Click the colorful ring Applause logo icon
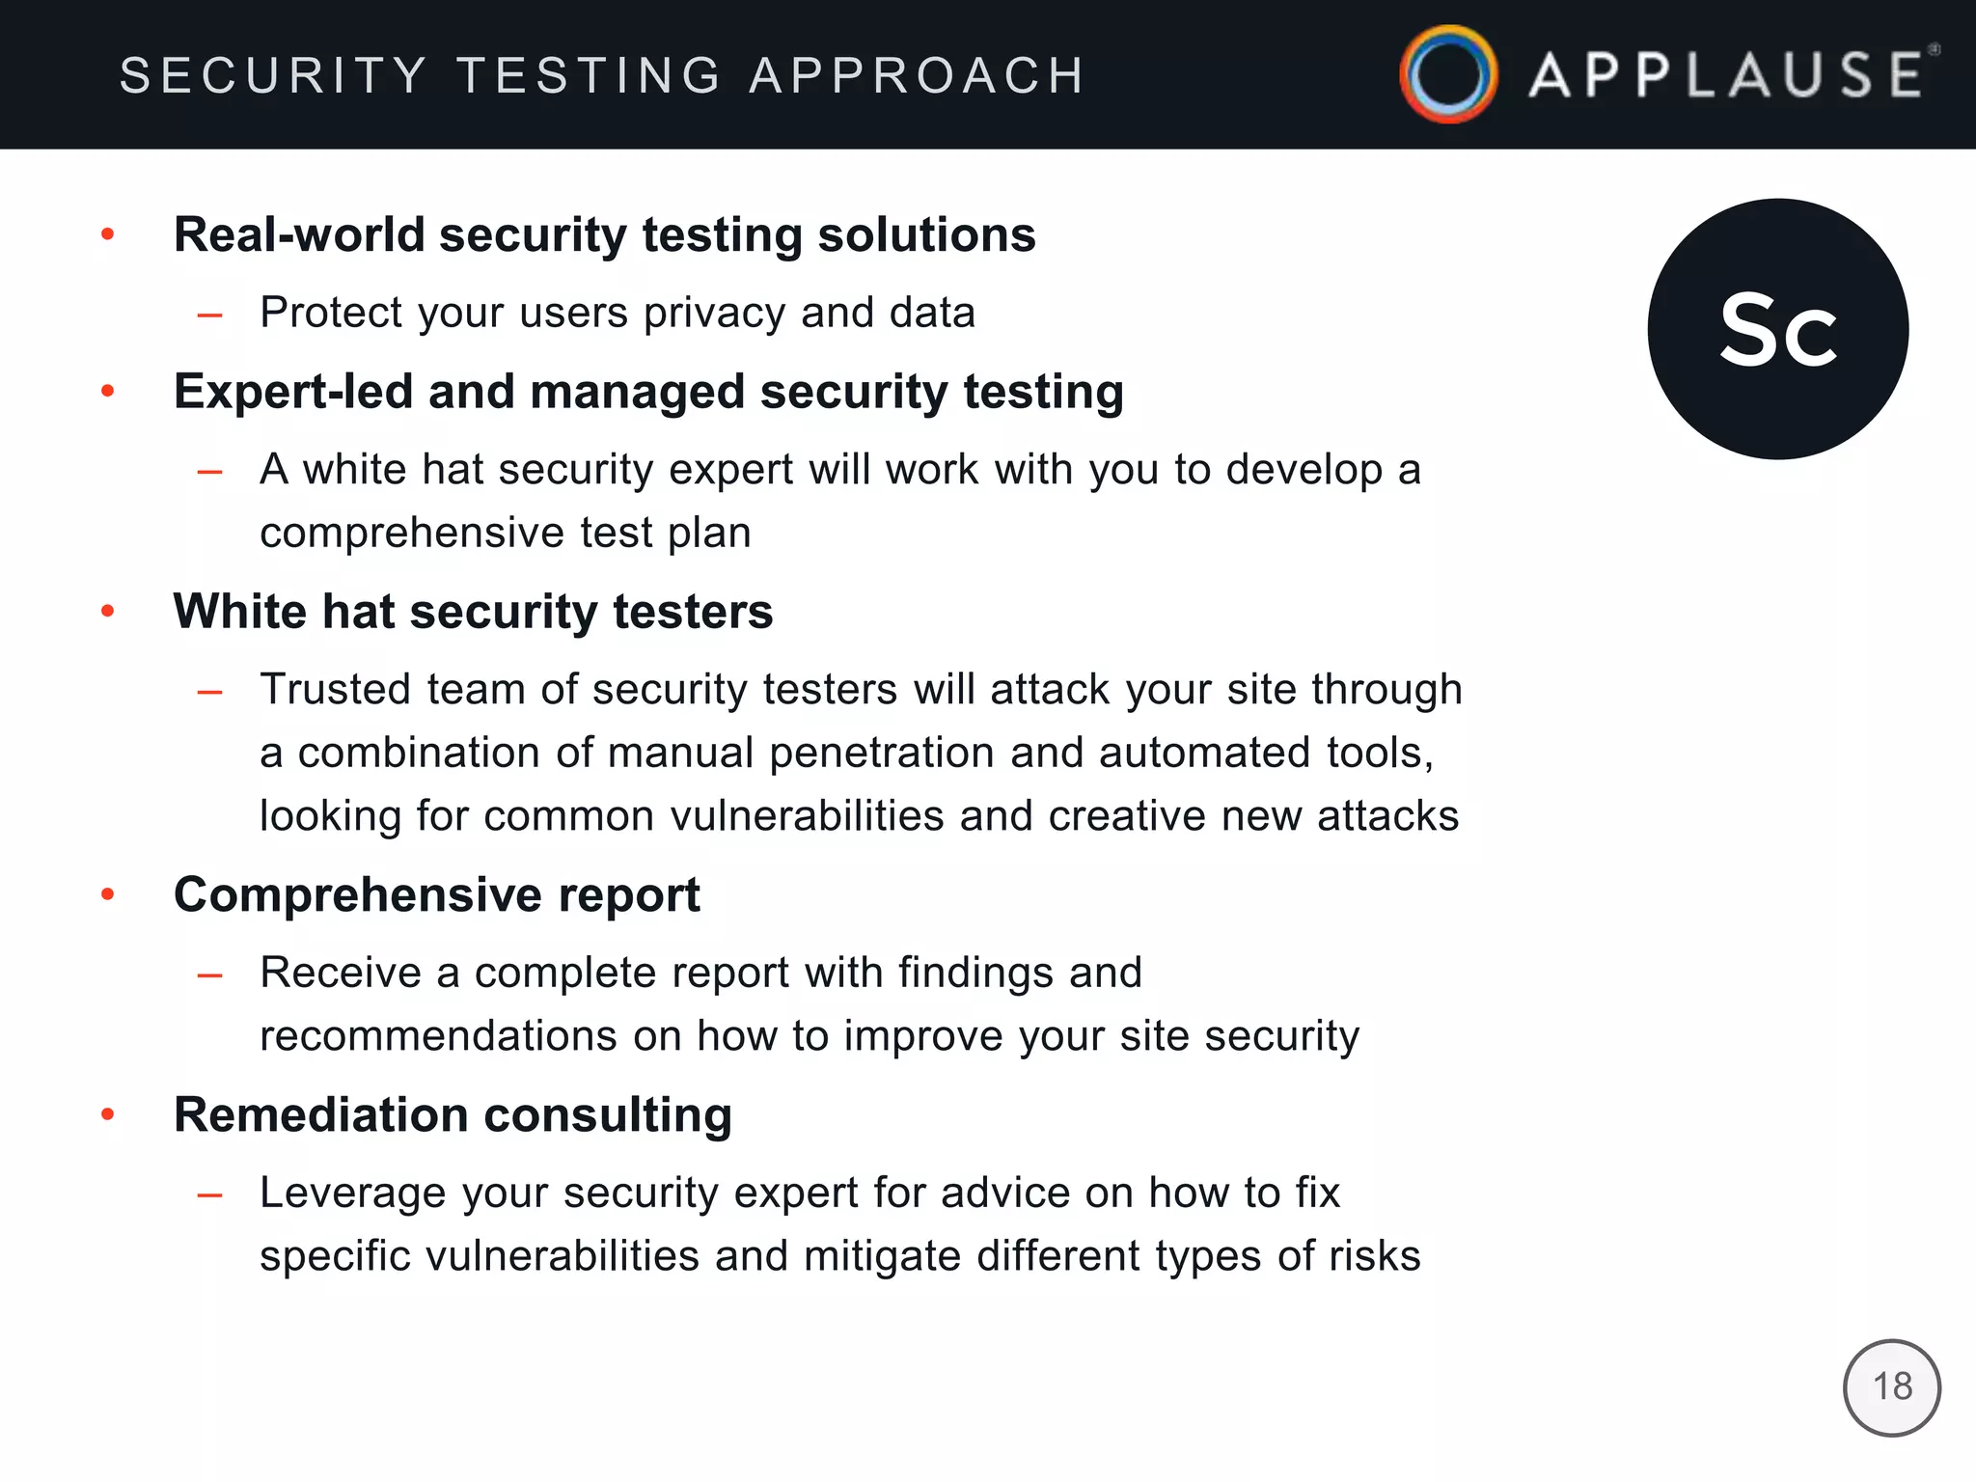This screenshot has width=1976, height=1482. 1448,74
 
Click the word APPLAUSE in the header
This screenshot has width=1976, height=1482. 1726,75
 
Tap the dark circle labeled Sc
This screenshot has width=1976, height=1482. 1777,329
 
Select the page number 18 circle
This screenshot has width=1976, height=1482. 1891,1387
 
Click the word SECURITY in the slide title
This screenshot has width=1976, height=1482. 273,75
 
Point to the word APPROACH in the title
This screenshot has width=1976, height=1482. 918,75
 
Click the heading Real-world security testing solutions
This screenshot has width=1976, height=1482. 604,234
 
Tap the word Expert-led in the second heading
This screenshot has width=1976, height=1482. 293,392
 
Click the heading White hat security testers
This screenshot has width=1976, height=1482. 473,612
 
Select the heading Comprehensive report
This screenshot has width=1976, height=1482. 436,894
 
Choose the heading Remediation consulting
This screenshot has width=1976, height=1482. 453,1115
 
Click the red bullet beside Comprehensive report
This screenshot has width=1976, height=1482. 108,894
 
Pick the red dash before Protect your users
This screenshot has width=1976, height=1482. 209,315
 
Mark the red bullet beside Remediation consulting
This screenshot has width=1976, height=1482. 108,1114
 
